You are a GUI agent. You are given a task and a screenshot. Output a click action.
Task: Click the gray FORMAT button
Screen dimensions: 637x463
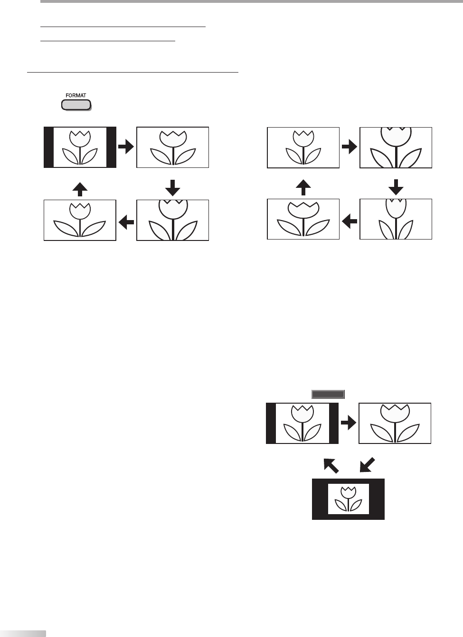(x=76, y=105)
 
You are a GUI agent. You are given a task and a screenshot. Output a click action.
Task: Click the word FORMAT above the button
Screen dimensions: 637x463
(x=76, y=95)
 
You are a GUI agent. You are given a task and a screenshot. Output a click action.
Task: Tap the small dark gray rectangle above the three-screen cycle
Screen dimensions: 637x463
(x=328, y=394)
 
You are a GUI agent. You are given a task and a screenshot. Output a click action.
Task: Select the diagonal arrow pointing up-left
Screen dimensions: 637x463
(x=331, y=465)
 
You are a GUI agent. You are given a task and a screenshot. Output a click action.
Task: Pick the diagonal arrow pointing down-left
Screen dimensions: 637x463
(x=368, y=465)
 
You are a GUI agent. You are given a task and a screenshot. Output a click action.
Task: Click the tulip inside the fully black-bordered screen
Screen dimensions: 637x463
(x=348, y=499)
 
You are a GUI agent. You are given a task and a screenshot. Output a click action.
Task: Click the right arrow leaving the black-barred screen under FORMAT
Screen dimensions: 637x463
(x=126, y=148)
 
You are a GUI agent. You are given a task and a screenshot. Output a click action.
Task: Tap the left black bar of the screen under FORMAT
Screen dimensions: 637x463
(x=48, y=148)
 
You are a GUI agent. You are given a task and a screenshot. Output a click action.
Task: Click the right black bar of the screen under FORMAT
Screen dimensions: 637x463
(x=111, y=148)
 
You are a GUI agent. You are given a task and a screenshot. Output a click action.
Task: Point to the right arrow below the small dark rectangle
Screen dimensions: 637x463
(x=349, y=424)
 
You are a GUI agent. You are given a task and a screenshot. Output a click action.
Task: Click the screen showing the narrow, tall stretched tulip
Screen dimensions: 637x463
(x=396, y=219)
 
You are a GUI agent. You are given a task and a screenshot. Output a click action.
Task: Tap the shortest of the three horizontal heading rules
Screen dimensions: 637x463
(x=108, y=41)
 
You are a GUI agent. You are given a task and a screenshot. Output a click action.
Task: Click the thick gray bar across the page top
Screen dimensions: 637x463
(x=252, y=1)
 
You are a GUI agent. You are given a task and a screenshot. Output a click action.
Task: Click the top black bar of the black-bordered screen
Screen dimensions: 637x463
(x=348, y=481)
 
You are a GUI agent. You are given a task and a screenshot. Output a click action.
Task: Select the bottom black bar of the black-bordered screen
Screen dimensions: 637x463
(x=348, y=517)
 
